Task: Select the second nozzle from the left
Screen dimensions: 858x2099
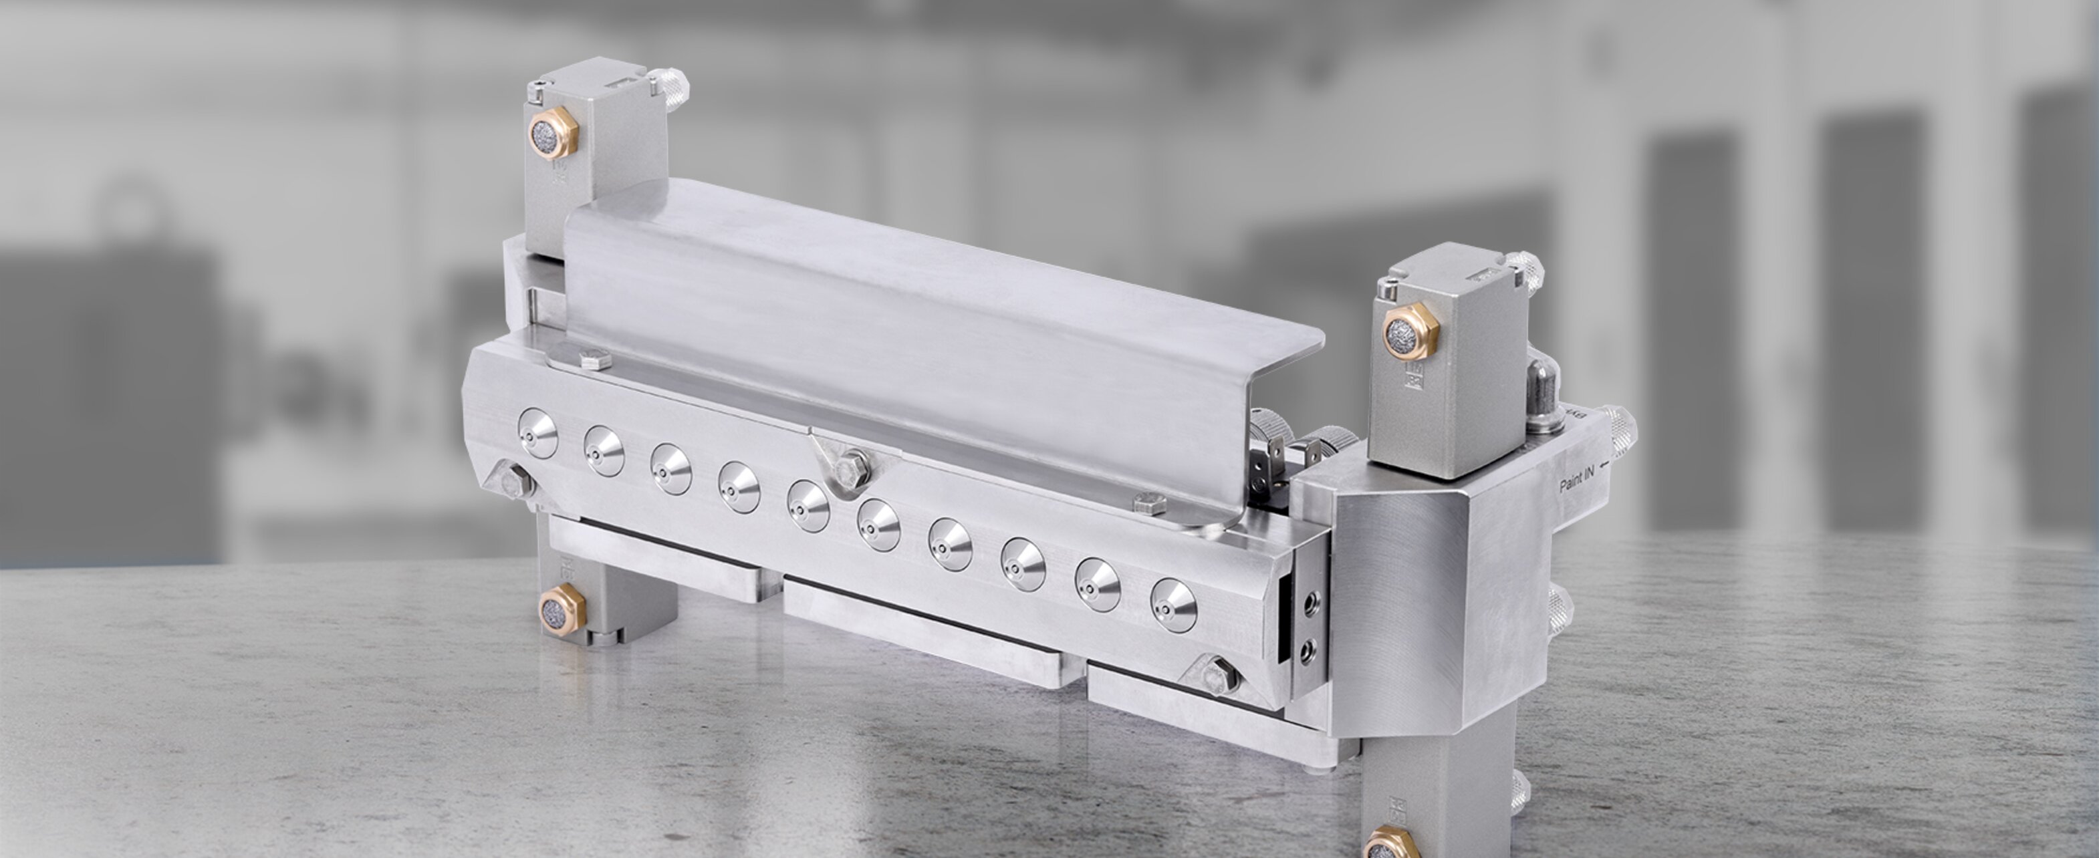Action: [604, 450]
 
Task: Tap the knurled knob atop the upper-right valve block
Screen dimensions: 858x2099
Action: [1523, 270]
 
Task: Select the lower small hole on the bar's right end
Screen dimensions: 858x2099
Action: [1310, 650]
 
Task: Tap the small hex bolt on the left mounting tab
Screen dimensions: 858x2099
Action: [595, 360]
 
